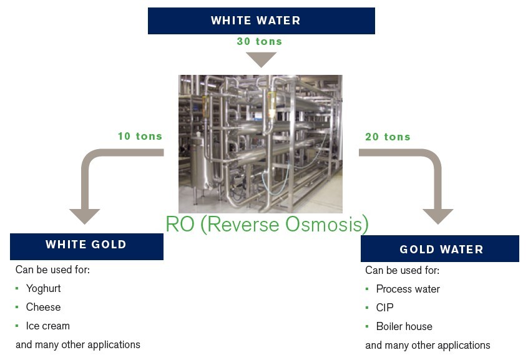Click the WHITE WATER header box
pyautogui.click(x=261, y=21)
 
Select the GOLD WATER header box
pyautogui.click(x=440, y=249)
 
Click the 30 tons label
pyautogui.click(x=259, y=42)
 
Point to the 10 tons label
pyautogui.click(x=140, y=136)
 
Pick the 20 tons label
pyautogui.click(x=388, y=137)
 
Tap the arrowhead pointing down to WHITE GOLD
pyautogui.click(x=84, y=216)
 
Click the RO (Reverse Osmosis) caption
pyautogui.click(x=266, y=224)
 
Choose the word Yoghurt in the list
pyautogui.click(x=43, y=289)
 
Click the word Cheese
pyautogui.click(x=43, y=308)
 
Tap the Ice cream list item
pyautogui.click(x=47, y=326)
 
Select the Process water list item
pyautogui.click(x=408, y=289)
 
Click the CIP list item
pyautogui.click(x=384, y=308)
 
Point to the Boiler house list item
pyautogui.click(x=404, y=327)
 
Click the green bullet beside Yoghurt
pyautogui.click(x=17, y=289)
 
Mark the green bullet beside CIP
pyautogui.click(x=368, y=308)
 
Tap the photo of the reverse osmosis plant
pyautogui.click(x=260, y=144)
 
